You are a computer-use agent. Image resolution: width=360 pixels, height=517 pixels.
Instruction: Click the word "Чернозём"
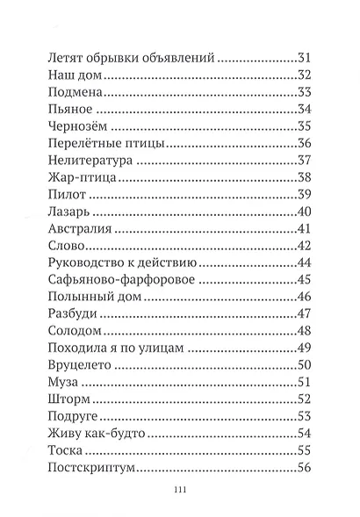(77, 126)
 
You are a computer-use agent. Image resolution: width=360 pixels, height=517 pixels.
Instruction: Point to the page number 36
(306, 144)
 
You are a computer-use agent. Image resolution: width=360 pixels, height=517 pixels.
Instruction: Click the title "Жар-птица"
(77, 178)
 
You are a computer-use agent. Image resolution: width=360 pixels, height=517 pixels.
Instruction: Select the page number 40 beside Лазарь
(306, 212)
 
